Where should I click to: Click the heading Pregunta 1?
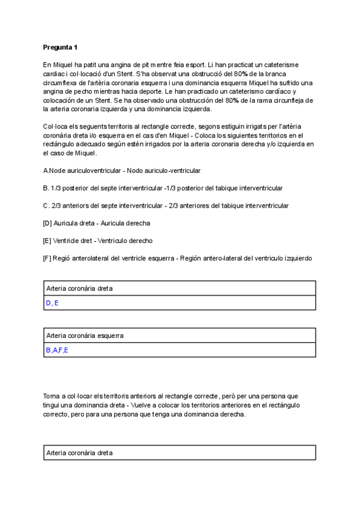(60, 47)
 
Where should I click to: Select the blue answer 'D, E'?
(52, 303)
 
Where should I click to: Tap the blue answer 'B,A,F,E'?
(57, 350)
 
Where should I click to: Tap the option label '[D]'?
(47, 223)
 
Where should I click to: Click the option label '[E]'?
(47, 241)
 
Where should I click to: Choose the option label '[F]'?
(47, 259)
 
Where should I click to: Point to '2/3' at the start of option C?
(58, 206)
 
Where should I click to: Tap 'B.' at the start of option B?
(46, 188)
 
